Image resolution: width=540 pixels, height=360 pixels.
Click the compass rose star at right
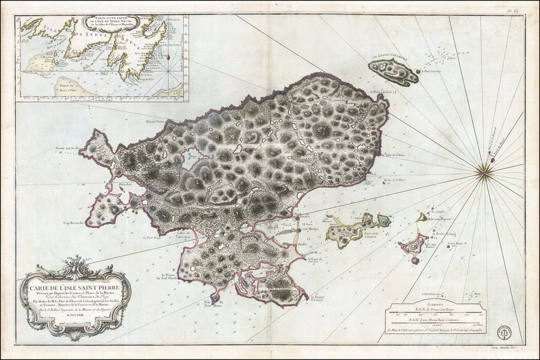[x=483, y=172]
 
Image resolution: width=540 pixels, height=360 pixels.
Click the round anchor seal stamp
[x=505, y=332]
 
